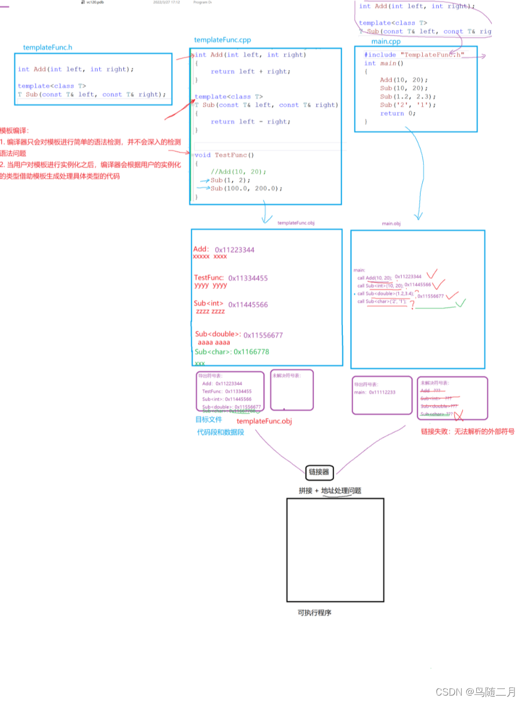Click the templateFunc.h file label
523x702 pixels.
(47, 48)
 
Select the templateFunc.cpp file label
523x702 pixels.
(222, 40)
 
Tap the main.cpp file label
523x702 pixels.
(386, 41)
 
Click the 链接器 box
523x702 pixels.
(319, 472)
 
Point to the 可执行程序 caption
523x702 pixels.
(314, 613)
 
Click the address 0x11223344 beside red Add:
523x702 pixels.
(234, 250)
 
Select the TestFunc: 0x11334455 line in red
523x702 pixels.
(231, 278)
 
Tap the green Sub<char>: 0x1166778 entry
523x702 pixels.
(232, 352)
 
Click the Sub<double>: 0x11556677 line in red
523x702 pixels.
(239, 335)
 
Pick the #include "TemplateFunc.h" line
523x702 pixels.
(414, 55)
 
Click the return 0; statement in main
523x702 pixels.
(397, 114)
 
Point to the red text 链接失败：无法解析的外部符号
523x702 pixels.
(467, 431)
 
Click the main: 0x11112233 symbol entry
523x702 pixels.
(374, 392)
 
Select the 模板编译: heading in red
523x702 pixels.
(14, 131)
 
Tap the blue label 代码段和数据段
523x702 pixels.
(220, 432)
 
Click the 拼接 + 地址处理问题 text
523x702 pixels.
(330, 490)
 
